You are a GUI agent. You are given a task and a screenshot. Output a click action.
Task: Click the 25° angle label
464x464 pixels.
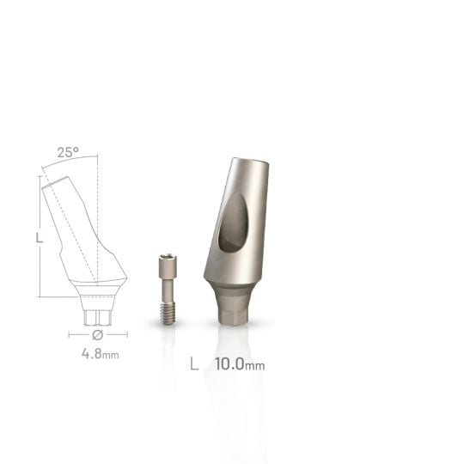[68, 152]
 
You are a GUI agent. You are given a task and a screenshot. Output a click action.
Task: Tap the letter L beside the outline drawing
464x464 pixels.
[40, 237]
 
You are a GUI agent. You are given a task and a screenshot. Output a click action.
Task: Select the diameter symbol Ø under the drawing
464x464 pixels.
[97, 333]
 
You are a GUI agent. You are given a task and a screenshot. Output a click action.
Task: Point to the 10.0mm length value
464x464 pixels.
[240, 363]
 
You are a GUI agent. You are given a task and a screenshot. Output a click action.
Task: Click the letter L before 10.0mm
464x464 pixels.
[194, 363]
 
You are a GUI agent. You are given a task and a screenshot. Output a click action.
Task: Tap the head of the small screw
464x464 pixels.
[168, 261]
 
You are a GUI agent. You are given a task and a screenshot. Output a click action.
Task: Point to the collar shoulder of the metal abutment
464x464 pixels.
[232, 284]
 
